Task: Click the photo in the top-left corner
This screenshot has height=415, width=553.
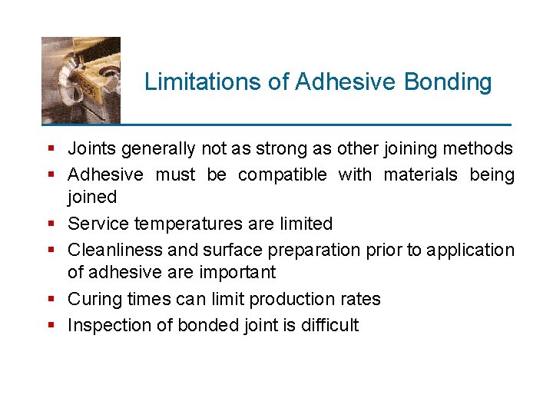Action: coord(81,80)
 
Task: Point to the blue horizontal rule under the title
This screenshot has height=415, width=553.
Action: coord(276,124)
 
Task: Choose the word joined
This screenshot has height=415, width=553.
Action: coord(92,198)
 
